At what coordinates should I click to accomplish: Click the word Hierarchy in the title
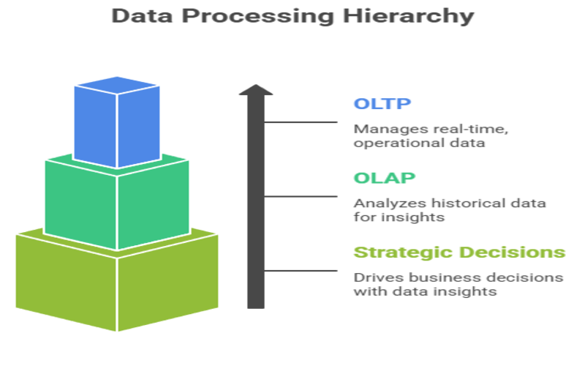coord(409,16)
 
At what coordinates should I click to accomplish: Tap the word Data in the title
coord(142,15)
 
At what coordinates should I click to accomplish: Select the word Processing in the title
coord(258,16)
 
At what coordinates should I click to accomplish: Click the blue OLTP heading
coord(382,103)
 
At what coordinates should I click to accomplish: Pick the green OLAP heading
coord(385,178)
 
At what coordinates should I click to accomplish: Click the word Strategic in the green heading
coord(404,253)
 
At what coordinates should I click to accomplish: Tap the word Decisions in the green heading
coord(513,253)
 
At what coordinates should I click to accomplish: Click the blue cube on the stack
coord(117,122)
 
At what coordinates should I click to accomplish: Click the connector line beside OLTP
coord(301,122)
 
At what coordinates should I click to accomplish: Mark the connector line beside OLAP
coord(301,196)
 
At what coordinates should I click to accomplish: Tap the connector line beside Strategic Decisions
coord(301,271)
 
